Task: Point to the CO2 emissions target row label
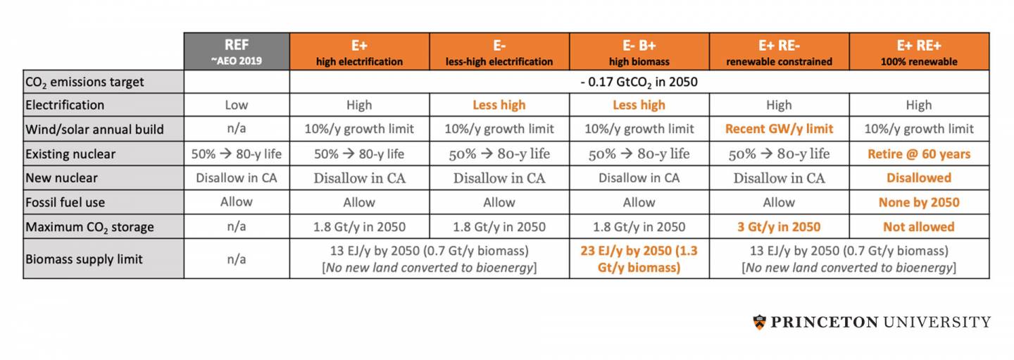pyautogui.click(x=84, y=82)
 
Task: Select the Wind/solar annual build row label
pyautogui.click(x=94, y=129)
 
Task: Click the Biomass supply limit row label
pyautogui.click(x=84, y=259)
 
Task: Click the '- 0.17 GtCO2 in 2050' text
pyautogui.click(x=639, y=82)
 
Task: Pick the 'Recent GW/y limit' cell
pyautogui.click(x=779, y=129)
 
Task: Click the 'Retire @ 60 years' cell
pyautogui.click(x=919, y=154)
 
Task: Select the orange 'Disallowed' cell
pyautogui.click(x=919, y=178)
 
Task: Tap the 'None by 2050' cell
pyautogui.click(x=919, y=202)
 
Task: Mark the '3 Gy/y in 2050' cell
pyautogui.click(x=779, y=227)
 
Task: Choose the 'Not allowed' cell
pyautogui.click(x=919, y=227)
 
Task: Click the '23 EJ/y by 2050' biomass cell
pyautogui.click(x=639, y=259)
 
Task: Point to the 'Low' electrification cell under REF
pyautogui.click(x=237, y=105)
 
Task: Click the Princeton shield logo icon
pyautogui.click(x=759, y=322)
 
